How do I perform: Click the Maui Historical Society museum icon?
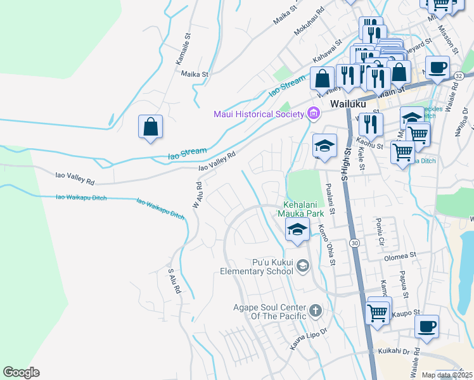[312, 114]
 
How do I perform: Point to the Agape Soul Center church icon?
[316, 311]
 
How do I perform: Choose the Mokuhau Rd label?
[310, 22]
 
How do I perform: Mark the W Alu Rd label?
[198, 194]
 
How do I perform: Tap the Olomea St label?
[399, 257]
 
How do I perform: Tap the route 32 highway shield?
[458, 75]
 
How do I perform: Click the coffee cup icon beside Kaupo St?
[427, 326]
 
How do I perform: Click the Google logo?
[21, 372]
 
